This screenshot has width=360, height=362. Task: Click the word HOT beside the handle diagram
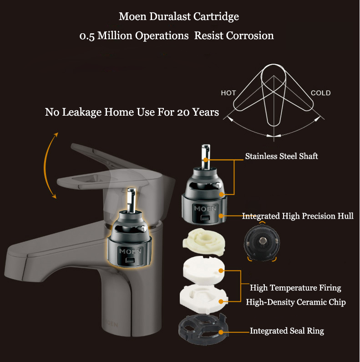[x=228, y=93]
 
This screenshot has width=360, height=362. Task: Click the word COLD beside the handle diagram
[x=321, y=93]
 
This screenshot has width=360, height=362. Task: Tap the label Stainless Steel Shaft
[x=281, y=156]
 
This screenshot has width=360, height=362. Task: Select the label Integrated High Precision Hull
[x=298, y=216]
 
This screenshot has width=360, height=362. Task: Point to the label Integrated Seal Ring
[x=287, y=331]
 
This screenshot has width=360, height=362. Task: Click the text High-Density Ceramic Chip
[x=296, y=302]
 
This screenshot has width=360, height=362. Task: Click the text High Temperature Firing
[x=295, y=288]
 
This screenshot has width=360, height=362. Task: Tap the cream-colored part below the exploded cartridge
[x=204, y=241]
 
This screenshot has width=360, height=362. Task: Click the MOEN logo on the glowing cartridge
[x=130, y=251]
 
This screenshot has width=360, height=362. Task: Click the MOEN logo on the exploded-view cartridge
[x=205, y=209]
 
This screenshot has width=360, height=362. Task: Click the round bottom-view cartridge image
[x=262, y=242]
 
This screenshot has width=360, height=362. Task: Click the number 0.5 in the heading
[x=87, y=36]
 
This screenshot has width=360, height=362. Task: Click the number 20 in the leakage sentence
[x=183, y=112]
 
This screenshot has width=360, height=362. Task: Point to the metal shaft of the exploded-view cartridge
[x=206, y=156]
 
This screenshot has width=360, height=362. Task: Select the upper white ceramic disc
[x=204, y=269]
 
